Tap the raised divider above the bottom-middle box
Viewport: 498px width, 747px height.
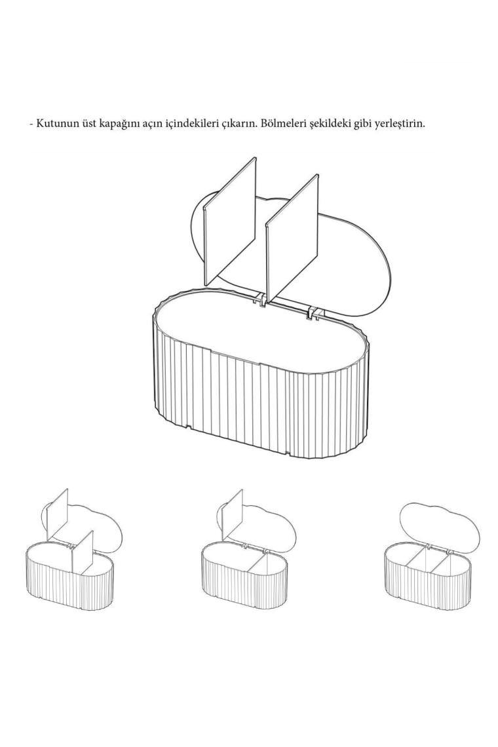pos(234,514)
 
